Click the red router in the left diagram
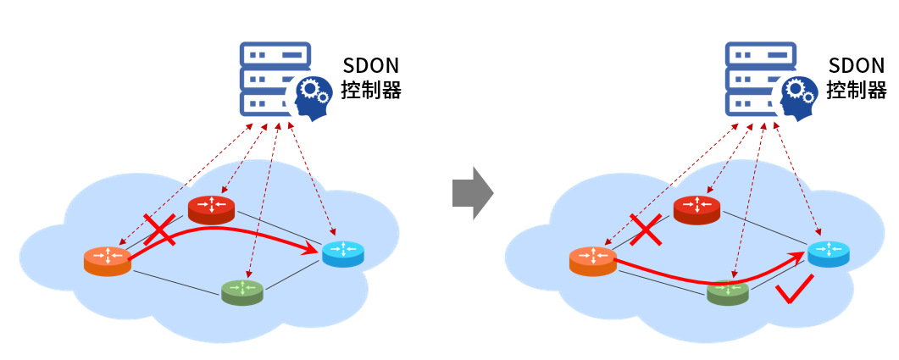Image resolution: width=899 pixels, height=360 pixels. (211, 208)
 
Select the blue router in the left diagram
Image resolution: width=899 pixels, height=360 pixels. (343, 253)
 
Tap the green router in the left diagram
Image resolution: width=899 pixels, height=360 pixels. (242, 292)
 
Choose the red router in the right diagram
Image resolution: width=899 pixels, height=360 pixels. (696, 208)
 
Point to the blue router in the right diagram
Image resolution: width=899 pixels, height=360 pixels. (829, 253)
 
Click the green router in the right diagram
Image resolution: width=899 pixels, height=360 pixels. (728, 292)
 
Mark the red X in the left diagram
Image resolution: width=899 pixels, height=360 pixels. (161, 230)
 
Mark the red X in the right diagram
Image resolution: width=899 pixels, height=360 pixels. (647, 230)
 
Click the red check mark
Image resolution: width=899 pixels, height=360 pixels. (796, 291)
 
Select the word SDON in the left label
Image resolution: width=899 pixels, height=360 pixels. (370, 66)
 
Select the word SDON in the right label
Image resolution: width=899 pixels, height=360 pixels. (856, 66)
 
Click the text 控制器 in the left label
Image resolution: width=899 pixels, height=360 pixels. (370, 90)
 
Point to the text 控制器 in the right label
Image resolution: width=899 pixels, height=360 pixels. (856, 90)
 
